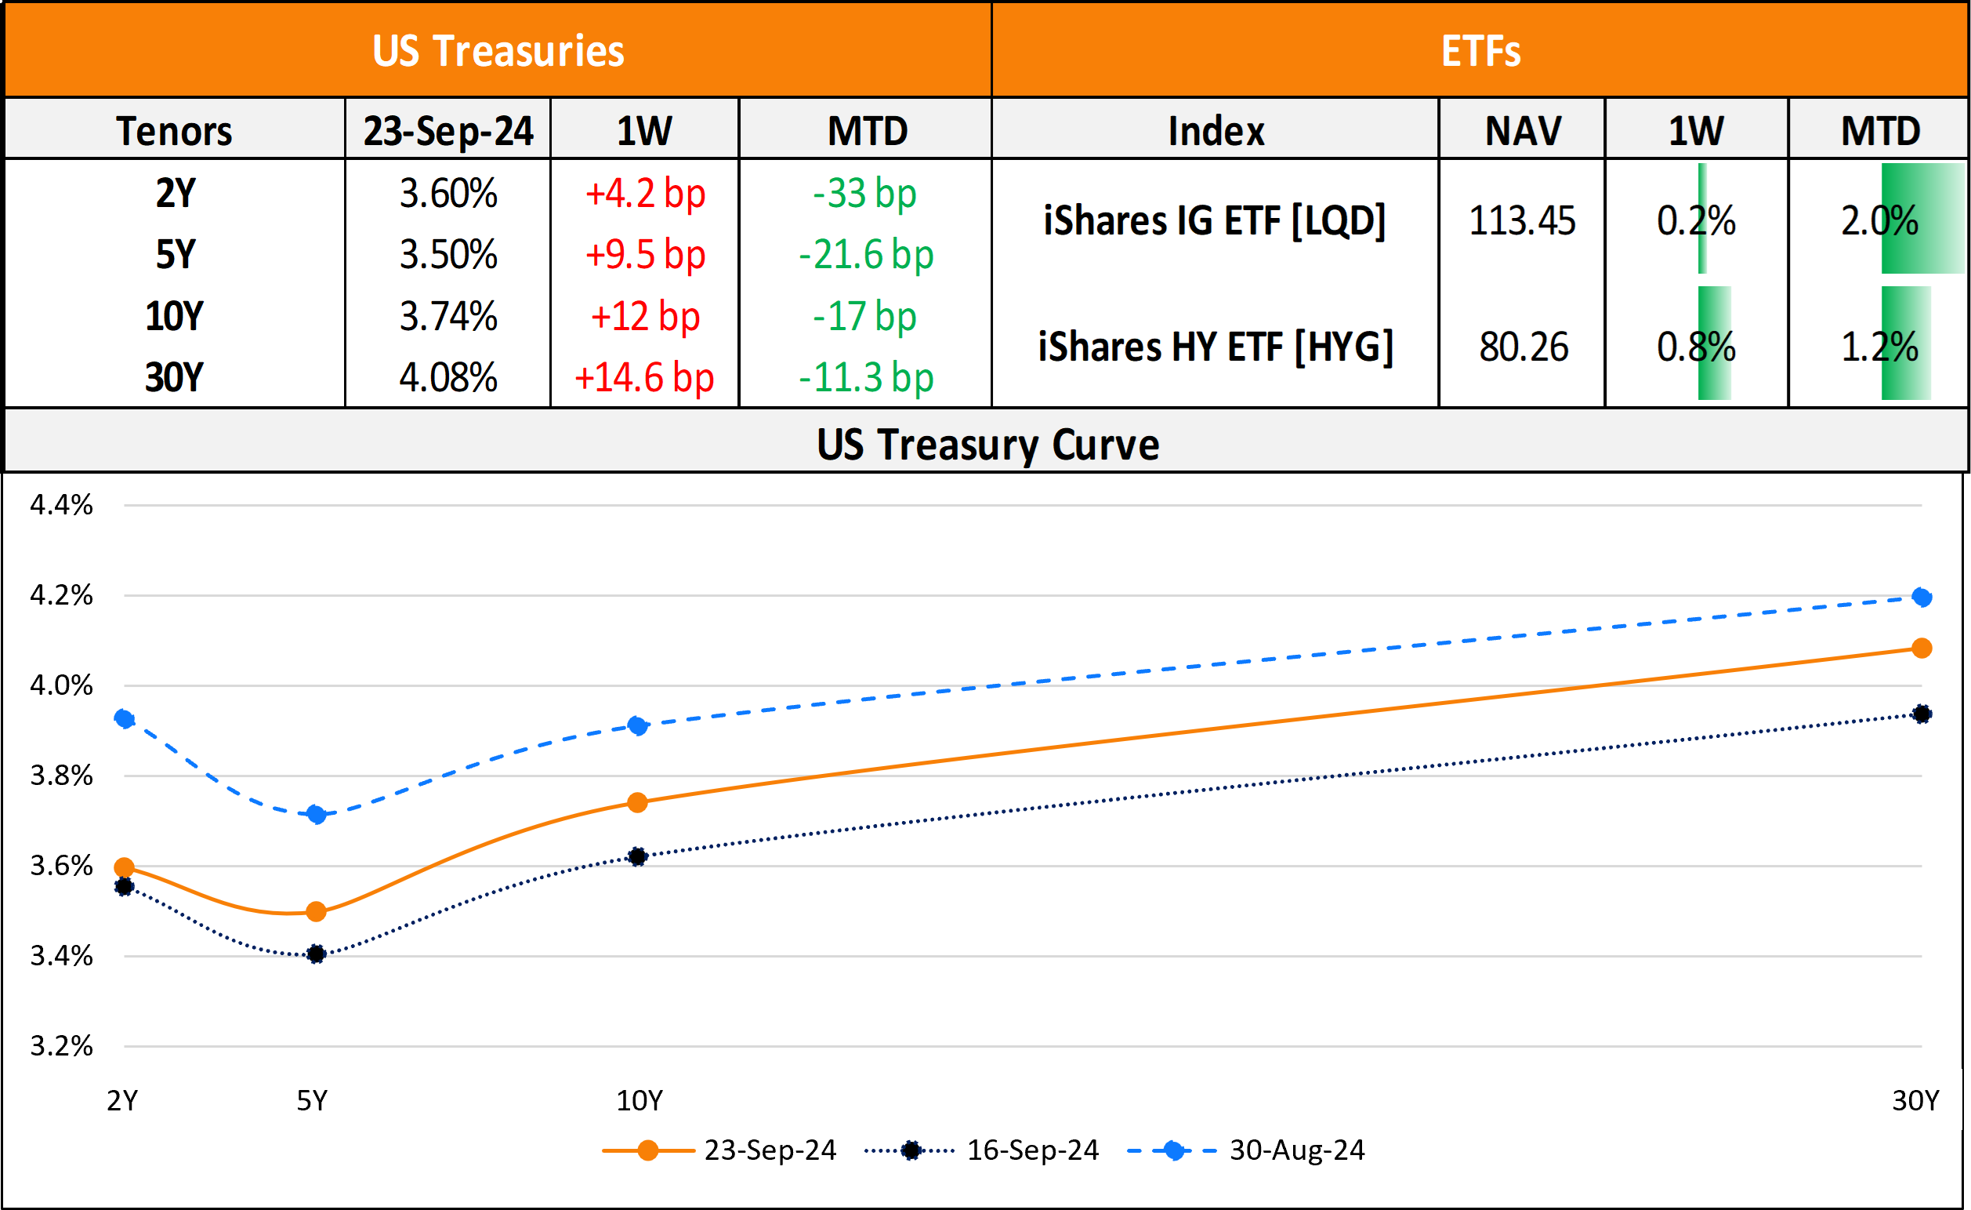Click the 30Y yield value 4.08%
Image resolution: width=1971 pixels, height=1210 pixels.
(x=448, y=378)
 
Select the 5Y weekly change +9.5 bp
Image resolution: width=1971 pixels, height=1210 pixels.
(x=645, y=256)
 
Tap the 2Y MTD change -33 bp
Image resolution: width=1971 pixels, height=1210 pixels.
(x=864, y=194)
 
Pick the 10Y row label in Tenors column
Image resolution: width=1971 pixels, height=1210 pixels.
(x=175, y=317)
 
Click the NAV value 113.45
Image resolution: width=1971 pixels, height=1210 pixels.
(x=1521, y=221)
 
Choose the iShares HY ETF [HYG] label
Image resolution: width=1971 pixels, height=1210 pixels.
(x=1215, y=347)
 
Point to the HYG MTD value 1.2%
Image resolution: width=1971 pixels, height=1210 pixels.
(x=1879, y=347)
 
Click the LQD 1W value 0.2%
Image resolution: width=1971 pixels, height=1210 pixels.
(x=1696, y=221)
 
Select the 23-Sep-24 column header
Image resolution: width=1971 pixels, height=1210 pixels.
(x=448, y=131)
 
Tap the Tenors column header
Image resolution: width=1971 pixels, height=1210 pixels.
(x=175, y=131)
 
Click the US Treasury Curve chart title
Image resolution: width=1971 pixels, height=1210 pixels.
(x=987, y=445)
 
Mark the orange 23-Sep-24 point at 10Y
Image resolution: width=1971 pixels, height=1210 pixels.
(x=637, y=803)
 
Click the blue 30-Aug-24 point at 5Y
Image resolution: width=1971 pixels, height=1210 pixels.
(x=317, y=815)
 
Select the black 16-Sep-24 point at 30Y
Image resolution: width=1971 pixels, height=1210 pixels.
(x=1922, y=714)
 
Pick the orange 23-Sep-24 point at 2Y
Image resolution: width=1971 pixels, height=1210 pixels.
(x=124, y=867)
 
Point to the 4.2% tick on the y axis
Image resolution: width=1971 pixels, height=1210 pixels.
(x=62, y=595)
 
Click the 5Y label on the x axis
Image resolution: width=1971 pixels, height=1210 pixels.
(x=312, y=1101)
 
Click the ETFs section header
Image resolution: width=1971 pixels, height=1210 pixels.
(x=1480, y=51)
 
